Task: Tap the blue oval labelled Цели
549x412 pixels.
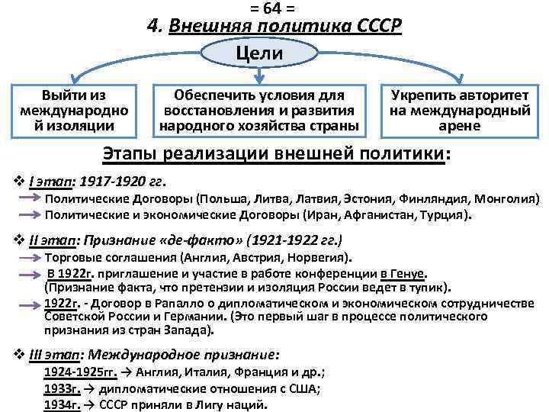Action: click(x=259, y=53)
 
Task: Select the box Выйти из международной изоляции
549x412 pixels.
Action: click(x=74, y=110)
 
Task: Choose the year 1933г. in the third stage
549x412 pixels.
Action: click(x=62, y=388)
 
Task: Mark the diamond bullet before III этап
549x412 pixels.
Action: click(x=19, y=354)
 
